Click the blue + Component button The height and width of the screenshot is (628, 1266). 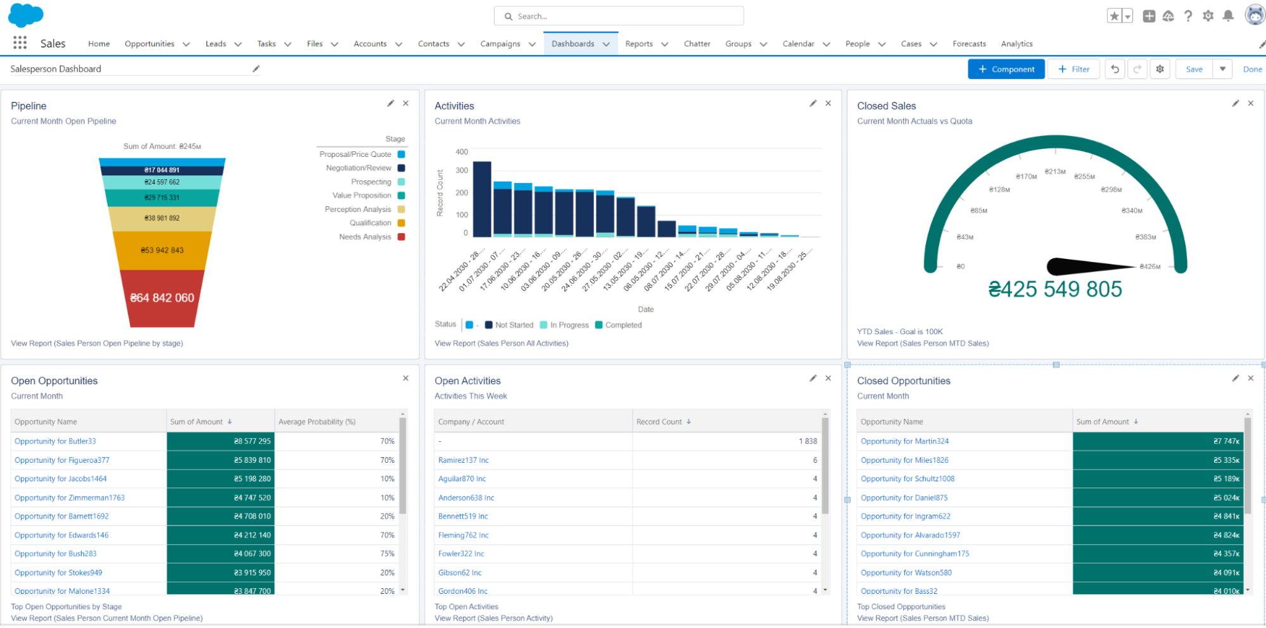coord(1006,69)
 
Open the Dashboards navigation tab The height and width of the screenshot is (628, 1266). coord(573,44)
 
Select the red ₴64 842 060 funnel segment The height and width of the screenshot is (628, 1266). coord(162,298)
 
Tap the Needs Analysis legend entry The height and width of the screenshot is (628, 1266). coord(365,237)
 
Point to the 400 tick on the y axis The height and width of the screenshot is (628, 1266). coord(462,152)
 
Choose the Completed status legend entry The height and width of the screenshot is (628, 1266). coord(623,325)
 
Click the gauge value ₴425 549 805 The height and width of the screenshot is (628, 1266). coord(1054,289)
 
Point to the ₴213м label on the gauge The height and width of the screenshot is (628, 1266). coord(1054,172)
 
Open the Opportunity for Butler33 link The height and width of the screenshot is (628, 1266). coord(55,441)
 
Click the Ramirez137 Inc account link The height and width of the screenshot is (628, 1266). coord(463,460)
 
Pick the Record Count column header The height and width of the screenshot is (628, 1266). coord(659,422)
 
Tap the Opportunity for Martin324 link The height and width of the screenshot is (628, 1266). coord(904,441)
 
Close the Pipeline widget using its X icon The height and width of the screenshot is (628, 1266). coord(406,103)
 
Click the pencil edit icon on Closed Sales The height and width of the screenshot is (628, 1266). coord(1235,103)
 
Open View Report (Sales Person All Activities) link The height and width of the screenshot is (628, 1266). coord(501,344)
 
